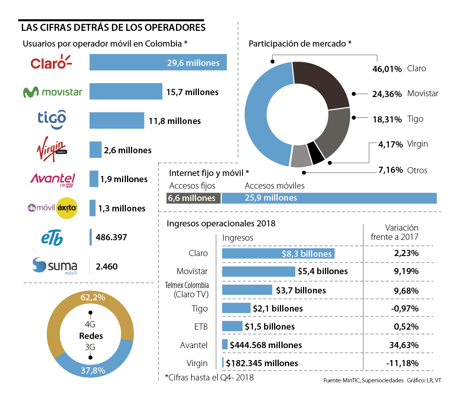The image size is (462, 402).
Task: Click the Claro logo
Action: pos(51,62)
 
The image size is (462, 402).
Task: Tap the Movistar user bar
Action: pos(126,91)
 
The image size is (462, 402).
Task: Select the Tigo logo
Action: pos(52,120)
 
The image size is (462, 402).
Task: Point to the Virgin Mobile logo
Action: pos(52,149)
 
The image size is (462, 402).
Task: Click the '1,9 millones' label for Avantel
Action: pos(124,179)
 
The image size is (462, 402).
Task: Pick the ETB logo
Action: pos(52,237)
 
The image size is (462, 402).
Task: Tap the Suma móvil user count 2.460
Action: pos(107,266)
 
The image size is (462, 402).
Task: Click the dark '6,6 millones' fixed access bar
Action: pos(193,198)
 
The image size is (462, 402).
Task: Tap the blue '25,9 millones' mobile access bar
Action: pos(329,198)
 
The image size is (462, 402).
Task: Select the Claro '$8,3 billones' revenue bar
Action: pos(278,253)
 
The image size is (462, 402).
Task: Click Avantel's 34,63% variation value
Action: pos(404,345)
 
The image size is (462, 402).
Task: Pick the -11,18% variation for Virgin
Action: pos(402,363)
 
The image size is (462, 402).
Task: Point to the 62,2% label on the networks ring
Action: pos(93,297)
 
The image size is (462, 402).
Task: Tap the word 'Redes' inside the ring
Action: pos(91,336)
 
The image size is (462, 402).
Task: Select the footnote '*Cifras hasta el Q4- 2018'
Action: pos(209,377)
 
